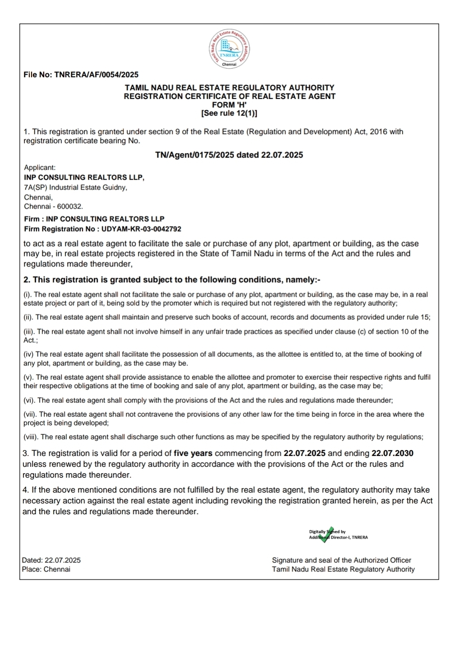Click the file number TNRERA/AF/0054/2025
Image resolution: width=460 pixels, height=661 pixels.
point(96,75)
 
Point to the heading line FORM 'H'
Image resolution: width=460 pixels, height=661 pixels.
point(229,105)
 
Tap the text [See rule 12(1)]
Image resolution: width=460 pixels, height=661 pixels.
point(229,113)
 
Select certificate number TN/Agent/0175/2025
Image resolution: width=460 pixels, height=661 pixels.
point(194,155)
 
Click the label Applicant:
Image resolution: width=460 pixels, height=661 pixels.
point(40,168)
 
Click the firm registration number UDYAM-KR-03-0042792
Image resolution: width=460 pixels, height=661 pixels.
point(141,229)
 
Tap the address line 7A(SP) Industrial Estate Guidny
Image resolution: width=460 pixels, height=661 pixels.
point(75,187)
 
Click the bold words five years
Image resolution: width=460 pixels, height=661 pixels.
point(193,453)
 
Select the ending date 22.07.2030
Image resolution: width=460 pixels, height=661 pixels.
point(392,453)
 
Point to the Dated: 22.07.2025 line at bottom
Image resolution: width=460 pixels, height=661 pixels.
point(51,560)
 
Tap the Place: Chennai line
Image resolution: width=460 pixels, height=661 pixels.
point(46,569)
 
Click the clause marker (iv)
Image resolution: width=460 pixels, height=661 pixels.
point(28,354)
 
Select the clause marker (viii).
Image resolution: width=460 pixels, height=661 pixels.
point(31,437)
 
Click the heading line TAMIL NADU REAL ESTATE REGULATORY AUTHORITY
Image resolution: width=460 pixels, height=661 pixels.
point(229,88)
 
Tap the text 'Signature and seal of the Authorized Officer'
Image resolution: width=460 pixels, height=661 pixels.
point(341,560)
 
